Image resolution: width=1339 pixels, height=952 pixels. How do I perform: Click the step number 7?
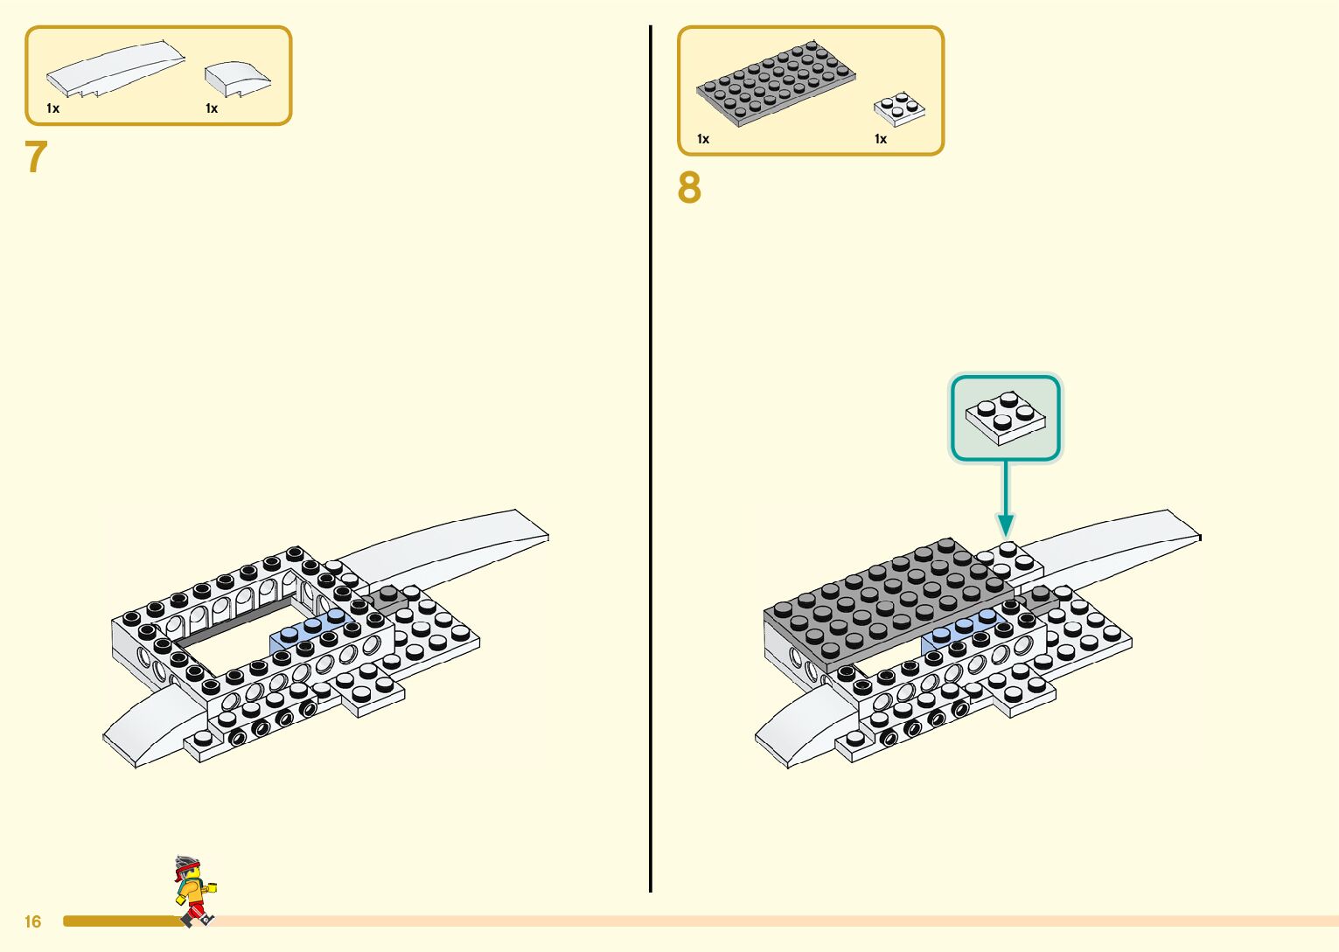point(36,158)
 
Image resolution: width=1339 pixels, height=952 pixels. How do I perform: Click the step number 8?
point(689,188)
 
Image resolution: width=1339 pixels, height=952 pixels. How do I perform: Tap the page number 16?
point(33,921)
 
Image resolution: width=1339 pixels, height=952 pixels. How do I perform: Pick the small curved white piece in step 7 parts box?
point(236,79)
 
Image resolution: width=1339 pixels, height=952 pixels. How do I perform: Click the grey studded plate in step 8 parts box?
point(775,82)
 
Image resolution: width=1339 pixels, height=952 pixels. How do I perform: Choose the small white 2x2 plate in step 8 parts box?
point(899,109)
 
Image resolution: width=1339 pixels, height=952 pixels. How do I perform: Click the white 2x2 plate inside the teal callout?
point(1005,417)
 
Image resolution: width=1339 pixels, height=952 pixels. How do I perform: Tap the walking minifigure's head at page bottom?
point(187,871)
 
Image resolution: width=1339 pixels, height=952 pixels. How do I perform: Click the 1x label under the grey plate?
point(703,139)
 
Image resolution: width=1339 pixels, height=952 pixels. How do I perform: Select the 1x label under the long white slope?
point(53,108)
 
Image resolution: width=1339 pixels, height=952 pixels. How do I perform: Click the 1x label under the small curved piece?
point(212,108)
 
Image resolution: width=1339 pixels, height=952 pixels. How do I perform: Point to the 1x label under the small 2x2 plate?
point(881,139)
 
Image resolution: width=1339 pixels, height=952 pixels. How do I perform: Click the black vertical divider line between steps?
point(651,437)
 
